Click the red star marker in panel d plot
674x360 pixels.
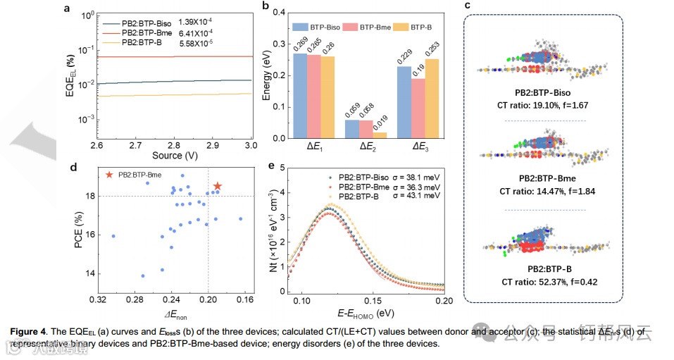218,186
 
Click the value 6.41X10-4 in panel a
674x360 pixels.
200,33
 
